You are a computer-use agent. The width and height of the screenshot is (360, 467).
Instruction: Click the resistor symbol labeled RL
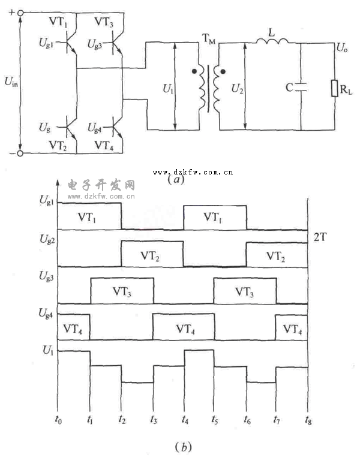[x=334, y=88]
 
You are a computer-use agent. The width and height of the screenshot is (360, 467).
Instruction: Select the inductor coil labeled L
[x=273, y=41]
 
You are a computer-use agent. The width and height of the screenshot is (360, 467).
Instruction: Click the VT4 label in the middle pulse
[x=184, y=329]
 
